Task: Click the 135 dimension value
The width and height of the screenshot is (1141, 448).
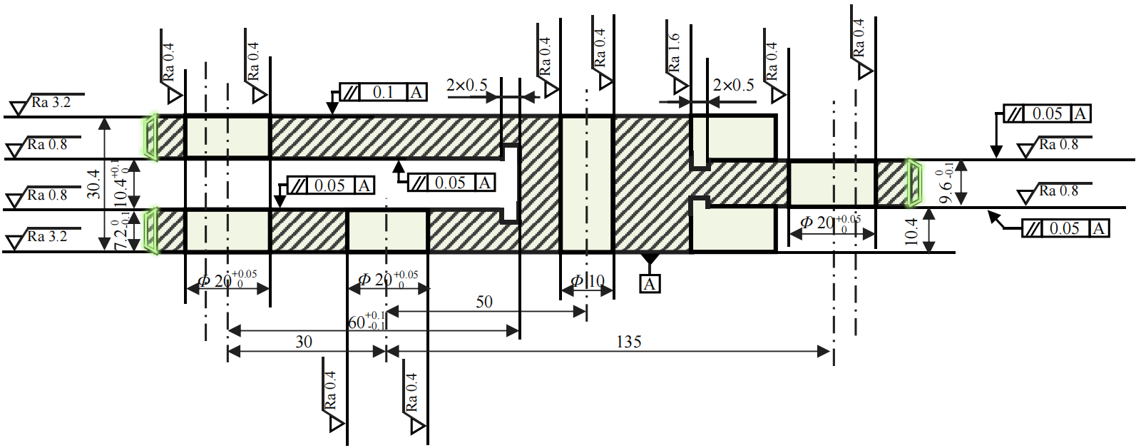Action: click(x=628, y=342)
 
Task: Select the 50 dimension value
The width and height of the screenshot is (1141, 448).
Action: click(x=484, y=302)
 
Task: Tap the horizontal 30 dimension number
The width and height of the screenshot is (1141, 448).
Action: click(x=304, y=342)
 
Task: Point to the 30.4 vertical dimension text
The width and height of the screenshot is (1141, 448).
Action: click(x=93, y=183)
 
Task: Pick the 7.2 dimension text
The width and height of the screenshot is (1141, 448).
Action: click(x=121, y=235)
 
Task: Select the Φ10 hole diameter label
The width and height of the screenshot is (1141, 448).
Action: click(x=588, y=281)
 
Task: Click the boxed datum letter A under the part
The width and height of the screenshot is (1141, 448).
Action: click(x=649, y=284)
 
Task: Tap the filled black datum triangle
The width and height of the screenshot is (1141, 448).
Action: click(x=649, y=258)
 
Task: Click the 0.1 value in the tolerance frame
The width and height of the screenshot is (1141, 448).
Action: click(x=383, y=92)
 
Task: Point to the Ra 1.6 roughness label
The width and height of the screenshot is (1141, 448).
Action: click(x=674, y=52)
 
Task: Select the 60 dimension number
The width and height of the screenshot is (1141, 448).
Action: click(x=357, y=322)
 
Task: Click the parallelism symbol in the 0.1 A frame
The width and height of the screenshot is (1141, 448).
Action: click(x=350, y=92)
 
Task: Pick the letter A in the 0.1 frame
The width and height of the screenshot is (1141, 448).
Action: click(x=416, y=92)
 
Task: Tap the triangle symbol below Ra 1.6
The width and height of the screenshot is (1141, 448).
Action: click(x=681, y=86)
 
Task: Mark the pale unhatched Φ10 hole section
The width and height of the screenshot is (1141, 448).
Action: click(x=586, y=183)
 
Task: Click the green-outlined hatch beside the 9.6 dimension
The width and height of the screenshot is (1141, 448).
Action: click(x=914, y=183)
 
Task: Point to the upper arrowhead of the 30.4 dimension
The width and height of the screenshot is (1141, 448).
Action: click(x=105, y=123)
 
